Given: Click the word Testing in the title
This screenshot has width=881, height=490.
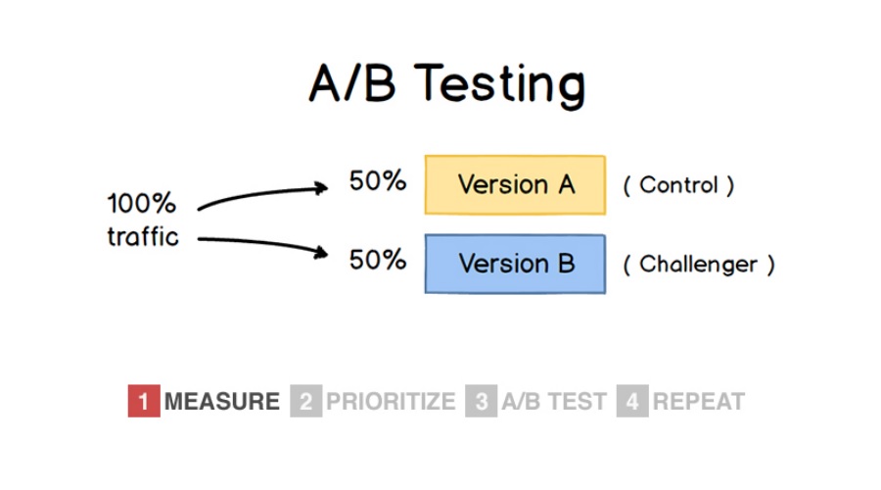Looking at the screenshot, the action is pyautogui.click(x=499, y=84).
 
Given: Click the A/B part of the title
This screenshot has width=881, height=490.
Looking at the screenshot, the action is pyautogui.click(x=352, y=82).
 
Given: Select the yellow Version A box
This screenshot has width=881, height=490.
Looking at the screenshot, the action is pyautogui.click(x=515, y=185).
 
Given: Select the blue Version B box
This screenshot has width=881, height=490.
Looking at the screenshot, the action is pyautogui.click(x=515, y=264).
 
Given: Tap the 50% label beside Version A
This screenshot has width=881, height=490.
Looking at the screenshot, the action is pyautogui.click(x=378, y=181).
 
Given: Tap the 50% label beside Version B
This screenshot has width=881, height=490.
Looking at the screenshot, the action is pyautogui.click(x=378, y=260).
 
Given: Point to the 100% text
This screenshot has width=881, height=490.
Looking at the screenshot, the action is pyautogui.click(x=142, y=203).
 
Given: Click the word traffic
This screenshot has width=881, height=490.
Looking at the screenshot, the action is pyautogui.click(x=143, y=236).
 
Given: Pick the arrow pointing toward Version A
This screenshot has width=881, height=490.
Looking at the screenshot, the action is pyautogui.click(x=262, y=194).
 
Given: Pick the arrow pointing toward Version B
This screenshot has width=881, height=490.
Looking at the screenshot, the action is pyautogui.click(x=262, y=244).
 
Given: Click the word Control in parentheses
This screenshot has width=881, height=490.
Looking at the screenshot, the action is pyautogui.click(x=678, y=185).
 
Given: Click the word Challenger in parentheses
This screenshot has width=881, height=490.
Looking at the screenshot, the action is pyautogui.click(x=698, y=265).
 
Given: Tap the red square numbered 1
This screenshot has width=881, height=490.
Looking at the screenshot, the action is pyautogui.click(x=144, y=401).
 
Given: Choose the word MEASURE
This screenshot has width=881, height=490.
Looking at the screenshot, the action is pyautogui.click(x=222, y=402).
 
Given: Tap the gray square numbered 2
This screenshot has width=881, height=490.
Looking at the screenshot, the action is pyautogui.click(x=306, y=401).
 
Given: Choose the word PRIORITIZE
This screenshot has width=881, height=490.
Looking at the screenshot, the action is pyautogui.click(x=391, y=402).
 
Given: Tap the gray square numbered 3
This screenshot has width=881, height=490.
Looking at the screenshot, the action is pyautogui.click(x=481, y=401).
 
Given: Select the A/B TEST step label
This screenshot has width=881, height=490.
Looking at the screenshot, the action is pyautogui.click(x=554, y=402).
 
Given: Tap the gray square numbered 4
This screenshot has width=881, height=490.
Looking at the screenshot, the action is pyautogui.click(x=632, y=401).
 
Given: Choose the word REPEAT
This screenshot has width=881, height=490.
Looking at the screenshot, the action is pyautogui.click(x=699, y=402).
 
